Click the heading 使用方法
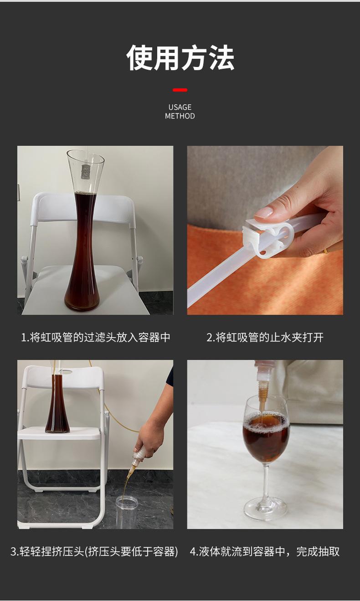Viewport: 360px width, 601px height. click(180, 58)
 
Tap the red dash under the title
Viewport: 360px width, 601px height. click(180, 90)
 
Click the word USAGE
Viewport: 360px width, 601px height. click(180, 108)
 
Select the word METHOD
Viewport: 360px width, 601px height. click(180, 116)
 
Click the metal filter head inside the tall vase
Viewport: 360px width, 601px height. click(86, 172)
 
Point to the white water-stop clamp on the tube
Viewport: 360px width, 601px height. click(268, 237)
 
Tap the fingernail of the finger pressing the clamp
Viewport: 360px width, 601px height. click(264, 212)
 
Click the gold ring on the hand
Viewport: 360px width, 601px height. click(325, 252)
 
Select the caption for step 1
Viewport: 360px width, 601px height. click(96, 337)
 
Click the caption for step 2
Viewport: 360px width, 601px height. click(265, 337)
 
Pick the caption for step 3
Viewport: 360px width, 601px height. click(94, 552)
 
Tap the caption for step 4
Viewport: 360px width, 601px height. click(265, 552)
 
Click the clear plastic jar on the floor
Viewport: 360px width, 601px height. click(127, 512)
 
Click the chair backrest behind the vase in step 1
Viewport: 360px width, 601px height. click(83, 206)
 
